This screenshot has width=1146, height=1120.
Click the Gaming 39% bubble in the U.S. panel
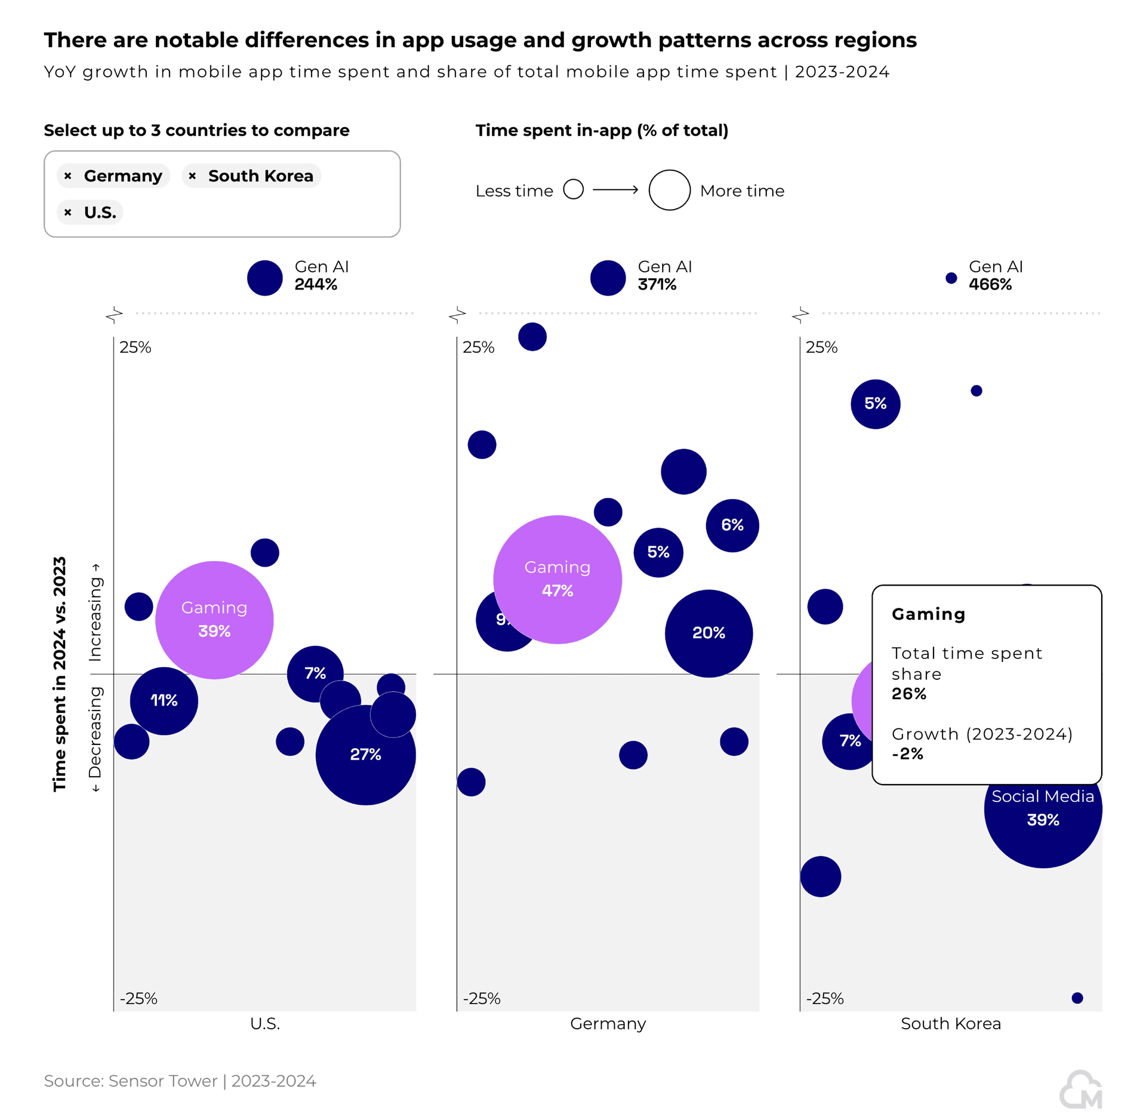pos(214,620)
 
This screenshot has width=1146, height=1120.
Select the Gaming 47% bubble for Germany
pos(557,579)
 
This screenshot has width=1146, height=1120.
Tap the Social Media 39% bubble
pos(1042,824)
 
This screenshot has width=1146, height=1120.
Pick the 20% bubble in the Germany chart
pos(708,633)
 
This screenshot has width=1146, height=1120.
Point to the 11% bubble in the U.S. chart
pos(164,700)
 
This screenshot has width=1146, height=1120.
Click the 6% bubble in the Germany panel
pos(732,525)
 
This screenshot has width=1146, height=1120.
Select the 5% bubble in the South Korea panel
pos(875,404)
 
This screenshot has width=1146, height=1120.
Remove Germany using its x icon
pos(68,176)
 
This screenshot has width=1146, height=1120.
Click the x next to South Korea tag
pos(192,176)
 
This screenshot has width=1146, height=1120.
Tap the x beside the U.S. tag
pos(68,212)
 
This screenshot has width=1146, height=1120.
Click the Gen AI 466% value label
pos(990,285)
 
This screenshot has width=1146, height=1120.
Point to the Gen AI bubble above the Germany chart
pos(608,278)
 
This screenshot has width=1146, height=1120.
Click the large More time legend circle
pos(669,190)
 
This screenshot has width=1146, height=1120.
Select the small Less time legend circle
pos(573,189)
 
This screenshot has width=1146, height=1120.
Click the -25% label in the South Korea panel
pos(824,998)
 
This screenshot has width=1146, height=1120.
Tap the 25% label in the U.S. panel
pos(135,347)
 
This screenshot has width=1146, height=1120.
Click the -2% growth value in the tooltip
pos(907,754)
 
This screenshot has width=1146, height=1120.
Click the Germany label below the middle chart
pos(608,1023)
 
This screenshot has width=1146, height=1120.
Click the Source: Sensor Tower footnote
pos(180,1081)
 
